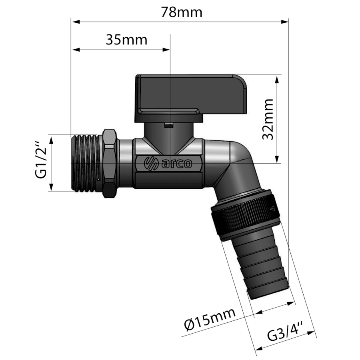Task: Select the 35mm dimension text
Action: point(126,40)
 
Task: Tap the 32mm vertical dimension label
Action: point(268,119)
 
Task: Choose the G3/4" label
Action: point(285,331)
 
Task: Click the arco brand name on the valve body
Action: point(177,164)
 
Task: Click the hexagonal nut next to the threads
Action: point(110,164)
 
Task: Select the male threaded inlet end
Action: point(87,163)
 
